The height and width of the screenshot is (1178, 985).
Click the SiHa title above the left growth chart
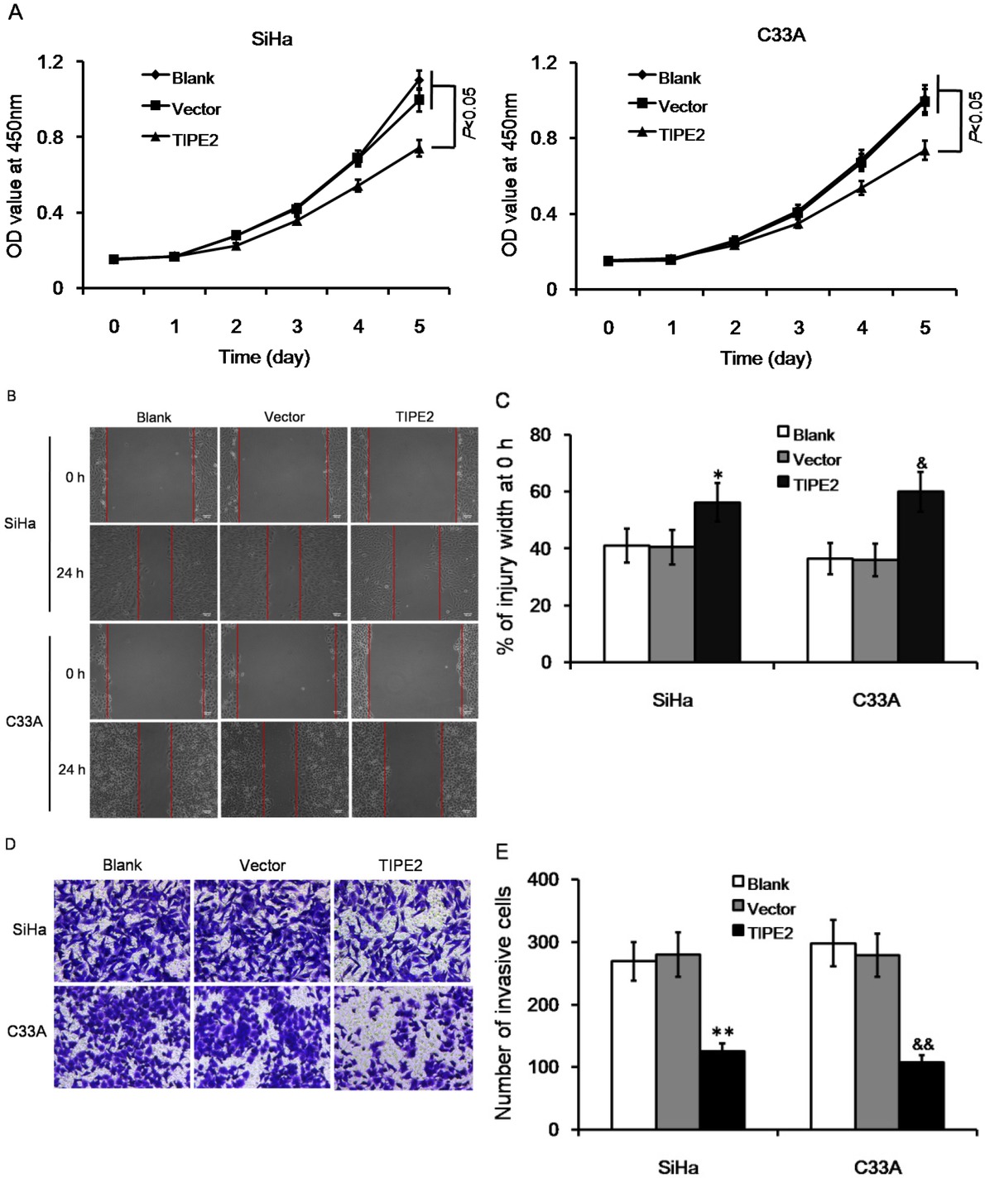(x=271, y=39)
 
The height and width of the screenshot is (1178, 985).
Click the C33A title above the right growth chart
(x=781, y=35)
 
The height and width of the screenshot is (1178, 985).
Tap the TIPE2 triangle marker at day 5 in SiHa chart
(x=420, y=149)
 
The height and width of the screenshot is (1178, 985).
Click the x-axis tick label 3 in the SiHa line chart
(x=297, y=326)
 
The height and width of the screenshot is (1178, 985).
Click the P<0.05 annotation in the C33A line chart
(x=974, y=117)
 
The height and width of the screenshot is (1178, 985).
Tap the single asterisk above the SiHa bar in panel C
(x=718, y=475)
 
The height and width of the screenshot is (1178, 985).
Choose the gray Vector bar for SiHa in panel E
(x=678, y=1041)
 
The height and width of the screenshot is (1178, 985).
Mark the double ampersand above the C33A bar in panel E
(x=923, y=1045)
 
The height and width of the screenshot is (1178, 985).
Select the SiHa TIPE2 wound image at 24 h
(x=414, y=573)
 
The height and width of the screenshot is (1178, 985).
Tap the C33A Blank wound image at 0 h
(x=153, y=671)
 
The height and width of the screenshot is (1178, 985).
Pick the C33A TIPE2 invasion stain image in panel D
(x=402, y=1037)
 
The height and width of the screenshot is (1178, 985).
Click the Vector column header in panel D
(x=262, y=865)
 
